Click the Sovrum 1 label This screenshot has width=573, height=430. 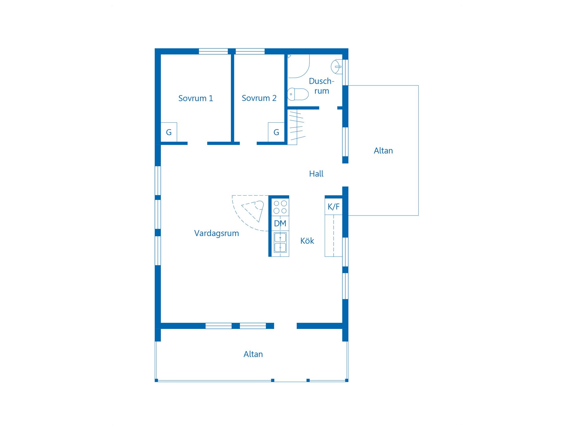pos(195,98)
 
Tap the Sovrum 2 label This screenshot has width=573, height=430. pos(259,98)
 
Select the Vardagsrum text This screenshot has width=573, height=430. pos(216,233)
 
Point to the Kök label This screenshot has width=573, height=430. pos(307,241)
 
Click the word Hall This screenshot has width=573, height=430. pos(316,173)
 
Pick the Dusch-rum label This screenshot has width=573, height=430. pos(321,86)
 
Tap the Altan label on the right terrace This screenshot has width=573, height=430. pos(383,150)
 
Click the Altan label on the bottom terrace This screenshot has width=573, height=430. pos(253,354)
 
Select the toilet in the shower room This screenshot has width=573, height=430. pos(298,94)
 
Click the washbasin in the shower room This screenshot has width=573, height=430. pos(337,67)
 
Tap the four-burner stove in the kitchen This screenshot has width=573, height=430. pos(280,207)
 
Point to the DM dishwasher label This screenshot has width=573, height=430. pos(280,223)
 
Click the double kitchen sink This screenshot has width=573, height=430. pos(280,242)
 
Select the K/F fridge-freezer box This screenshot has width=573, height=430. pos(334,206)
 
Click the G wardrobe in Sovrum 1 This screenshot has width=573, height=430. pos(169,132)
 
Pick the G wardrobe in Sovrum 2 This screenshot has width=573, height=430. pos(276,132)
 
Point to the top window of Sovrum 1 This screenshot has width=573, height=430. pos(213,51)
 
